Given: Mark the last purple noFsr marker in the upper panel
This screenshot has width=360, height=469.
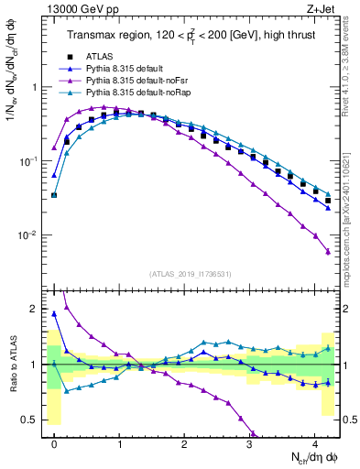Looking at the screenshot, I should click(x=328, y=252).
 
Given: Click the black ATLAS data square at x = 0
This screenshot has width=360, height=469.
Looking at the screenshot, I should click(x=54, y=195).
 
